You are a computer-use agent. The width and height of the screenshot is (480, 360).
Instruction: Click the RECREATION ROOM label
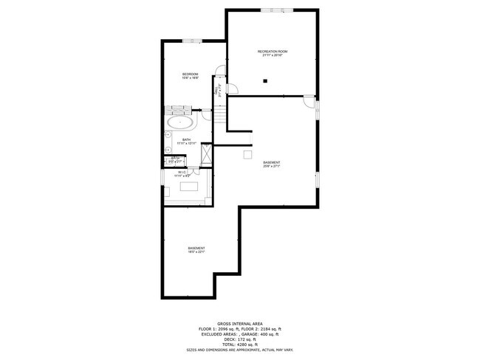click(272, 52)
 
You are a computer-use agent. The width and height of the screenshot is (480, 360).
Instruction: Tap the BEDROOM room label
click(191, 76)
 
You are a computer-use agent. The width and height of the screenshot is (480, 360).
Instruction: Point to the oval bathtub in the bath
click(179, 123)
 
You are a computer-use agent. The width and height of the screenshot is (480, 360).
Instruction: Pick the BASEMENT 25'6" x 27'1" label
click(272, 164)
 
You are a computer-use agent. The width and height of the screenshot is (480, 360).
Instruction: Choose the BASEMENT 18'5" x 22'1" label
click(196, 249)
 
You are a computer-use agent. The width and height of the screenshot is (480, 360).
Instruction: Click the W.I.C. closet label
click(182, 174)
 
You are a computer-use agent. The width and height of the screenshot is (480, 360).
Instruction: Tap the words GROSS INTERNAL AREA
click(240, 322)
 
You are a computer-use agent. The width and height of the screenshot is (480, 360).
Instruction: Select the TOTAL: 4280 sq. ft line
click(240, 345)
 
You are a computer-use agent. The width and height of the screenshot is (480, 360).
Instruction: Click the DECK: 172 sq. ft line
click(240, 339)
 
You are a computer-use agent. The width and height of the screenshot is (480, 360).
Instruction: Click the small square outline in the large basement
click(248, 154)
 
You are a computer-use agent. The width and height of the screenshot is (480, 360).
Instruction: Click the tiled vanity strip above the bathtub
click(179, 108)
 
